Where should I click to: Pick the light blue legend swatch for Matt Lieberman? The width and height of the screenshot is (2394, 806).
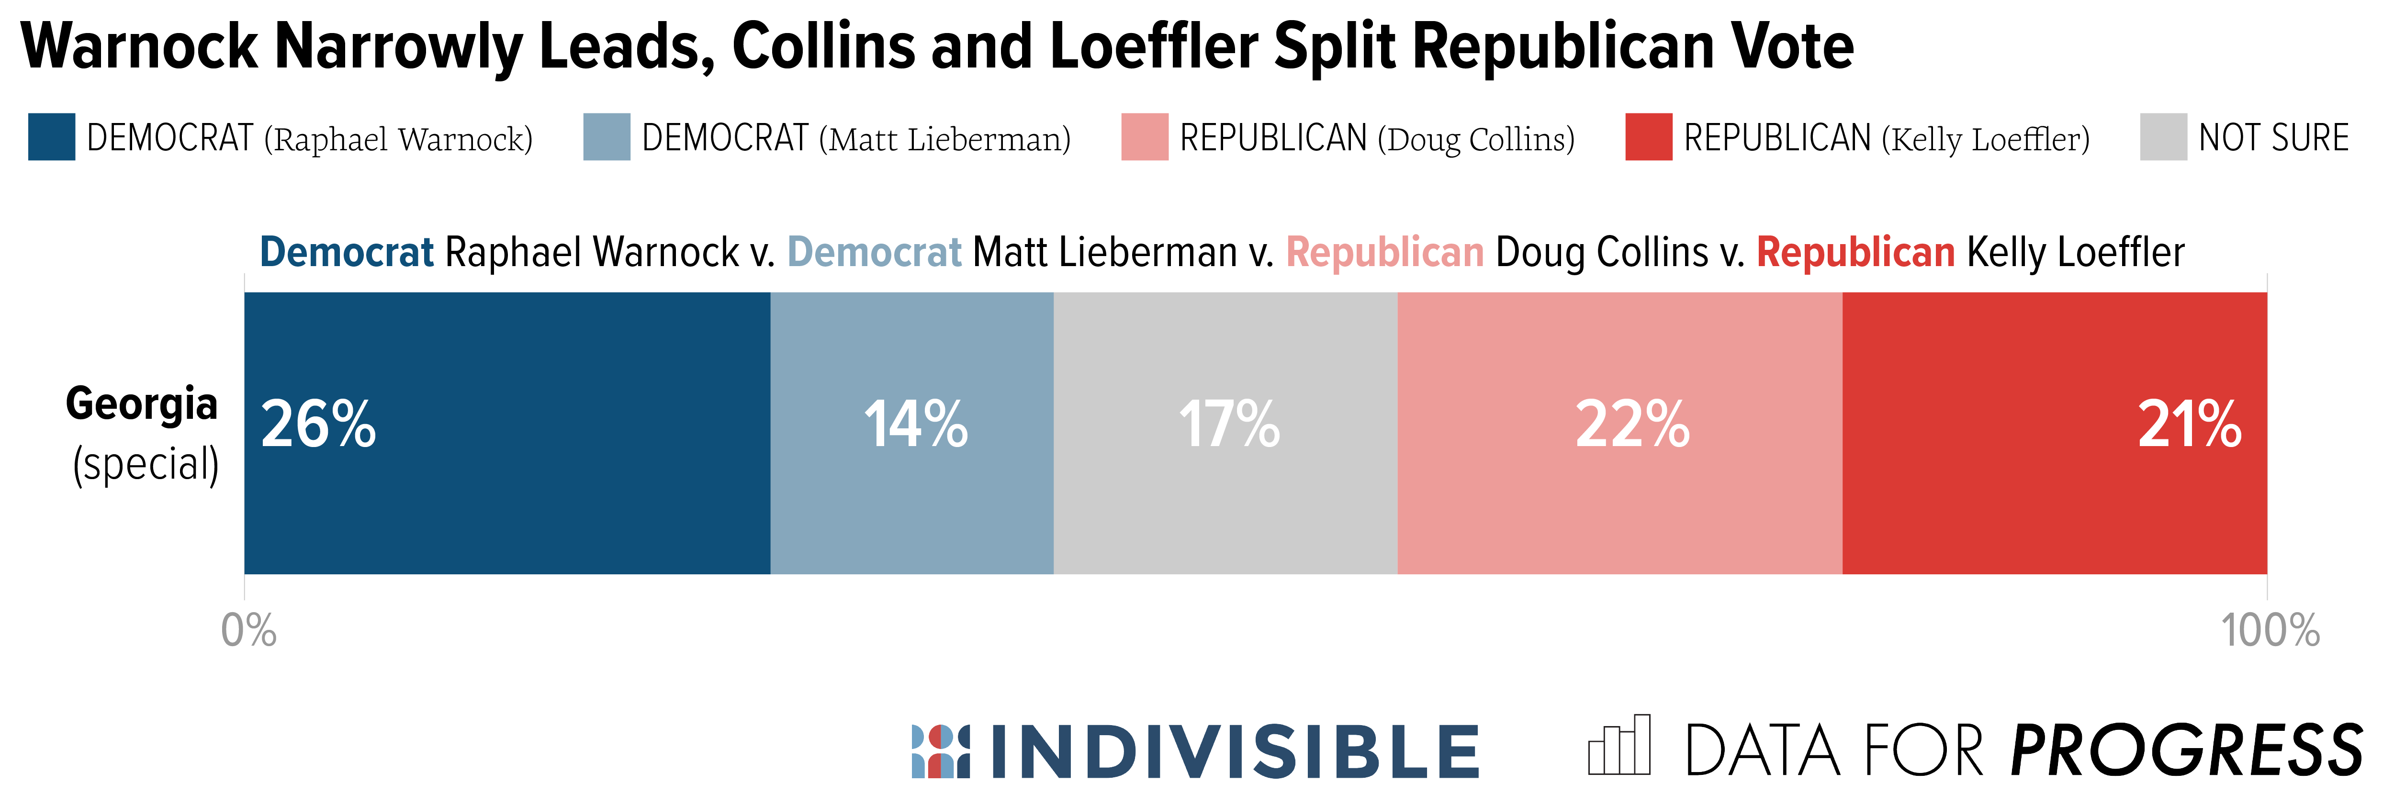(607, 137)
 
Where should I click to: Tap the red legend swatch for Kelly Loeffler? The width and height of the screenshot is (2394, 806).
(1649, 137)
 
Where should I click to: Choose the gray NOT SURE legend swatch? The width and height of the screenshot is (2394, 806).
(2164, 137)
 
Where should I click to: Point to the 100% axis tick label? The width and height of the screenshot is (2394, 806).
(2270, 631)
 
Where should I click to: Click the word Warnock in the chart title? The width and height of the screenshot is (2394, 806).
(139, 46)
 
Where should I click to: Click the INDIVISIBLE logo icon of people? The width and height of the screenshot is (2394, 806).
(941, 751)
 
